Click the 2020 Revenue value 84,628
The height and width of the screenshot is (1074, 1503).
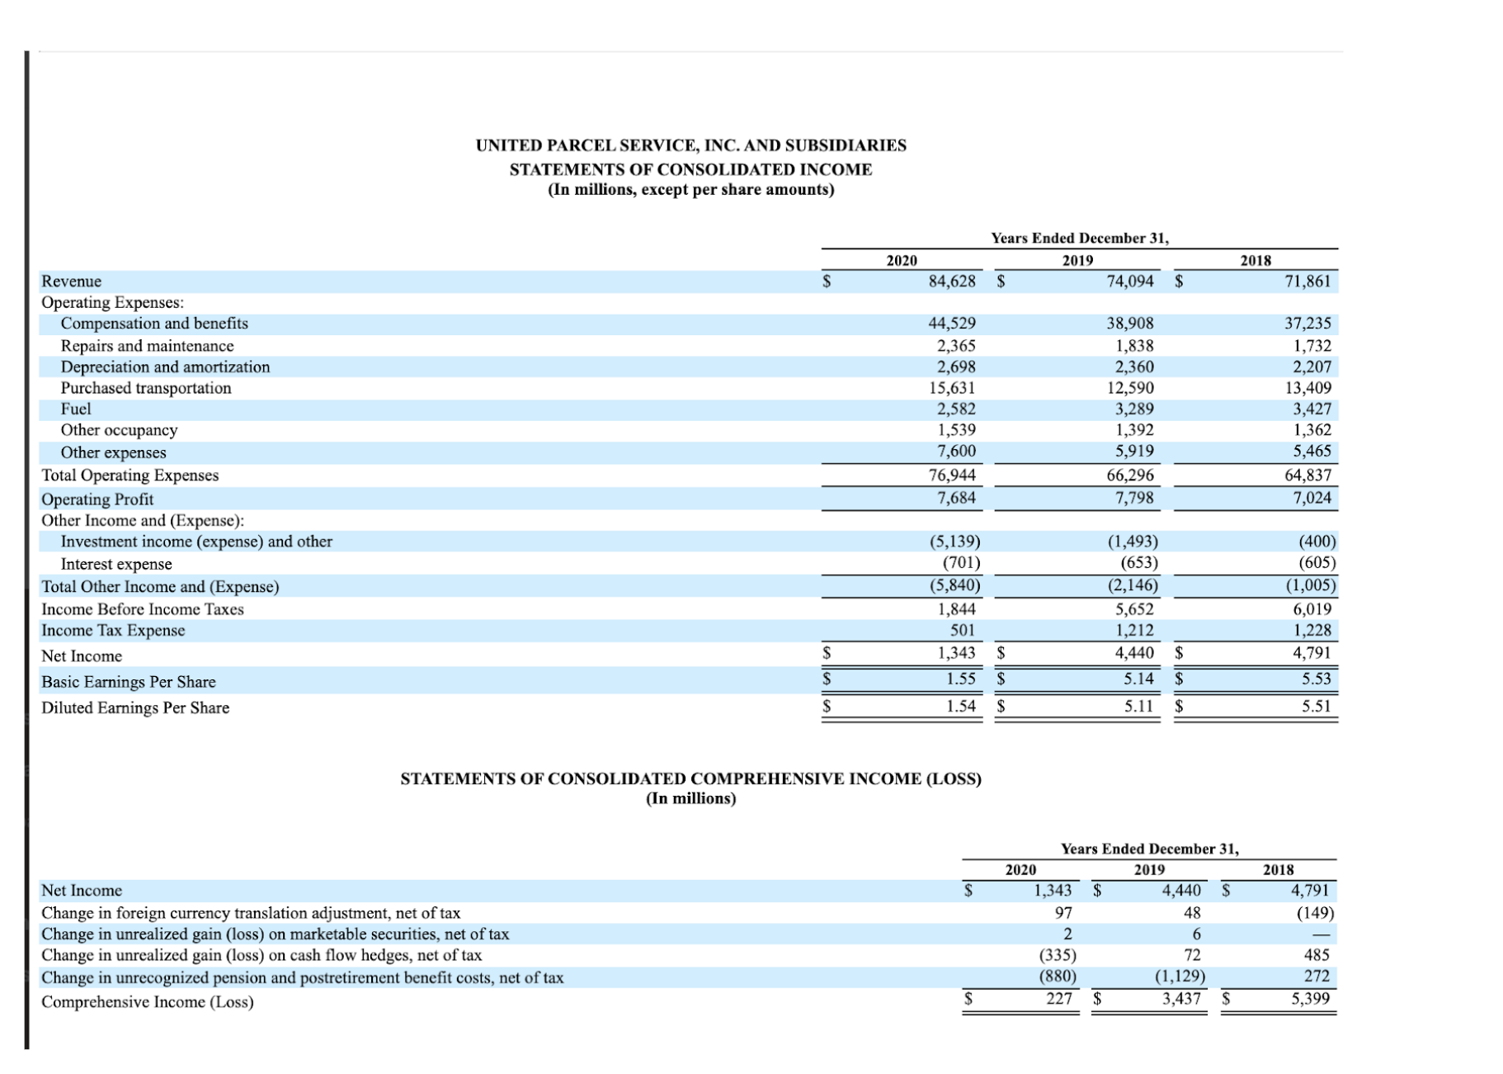click(951, 282)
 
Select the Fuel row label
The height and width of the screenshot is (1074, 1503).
click(76, 409)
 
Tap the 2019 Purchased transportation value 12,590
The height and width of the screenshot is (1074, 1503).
click(1129, 388)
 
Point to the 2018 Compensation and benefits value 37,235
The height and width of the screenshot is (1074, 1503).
click(1307, 324)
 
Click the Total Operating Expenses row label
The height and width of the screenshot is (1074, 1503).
click(130, 475)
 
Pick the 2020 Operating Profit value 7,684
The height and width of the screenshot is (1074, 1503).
click(956, 498)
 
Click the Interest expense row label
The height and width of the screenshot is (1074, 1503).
click(116, 564)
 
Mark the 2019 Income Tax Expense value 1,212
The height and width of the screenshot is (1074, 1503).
click(1134, 631)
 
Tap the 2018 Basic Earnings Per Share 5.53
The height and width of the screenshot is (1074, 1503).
click(1316, 679)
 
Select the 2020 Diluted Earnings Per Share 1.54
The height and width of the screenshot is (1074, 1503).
click(960, 707)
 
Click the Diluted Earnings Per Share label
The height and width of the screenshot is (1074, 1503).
click(135, 707)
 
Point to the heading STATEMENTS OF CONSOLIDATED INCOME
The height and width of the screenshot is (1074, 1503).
click(690, 169)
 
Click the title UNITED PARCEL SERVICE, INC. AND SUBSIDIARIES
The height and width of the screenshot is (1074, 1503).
click(690, 145)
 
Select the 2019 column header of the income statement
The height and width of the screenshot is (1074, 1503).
click(1077, 261)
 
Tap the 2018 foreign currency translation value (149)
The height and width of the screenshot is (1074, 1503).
click(1315, 913)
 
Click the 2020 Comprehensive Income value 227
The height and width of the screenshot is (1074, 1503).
click(1059, 999)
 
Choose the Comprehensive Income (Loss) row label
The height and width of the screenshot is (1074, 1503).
click(148, 1002)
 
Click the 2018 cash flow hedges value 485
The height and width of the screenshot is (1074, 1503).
click(1316, 955)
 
